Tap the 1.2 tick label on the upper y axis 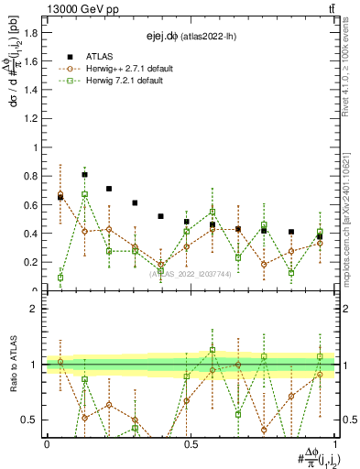(x=30, y=118)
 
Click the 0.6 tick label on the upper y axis (x=30, y=204)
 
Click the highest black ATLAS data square (x=85, y=174)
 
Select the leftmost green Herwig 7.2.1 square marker (x=60, y=278)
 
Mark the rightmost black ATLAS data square (x=320, y=236)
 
